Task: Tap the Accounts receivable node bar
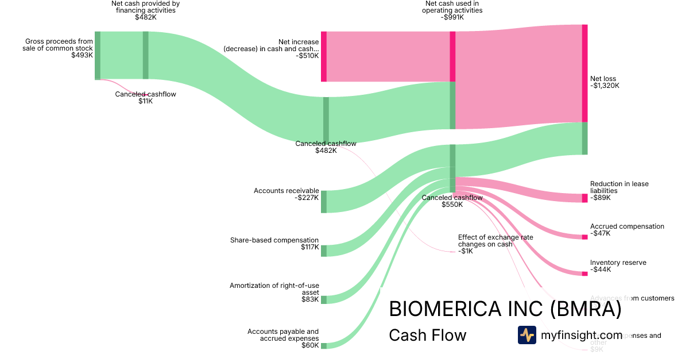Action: click(x=324, y=201)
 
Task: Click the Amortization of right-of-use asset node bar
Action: click(x=324, y=299)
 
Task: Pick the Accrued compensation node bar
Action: click(x=585, y=237)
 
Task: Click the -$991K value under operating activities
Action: click(x=452, y=17)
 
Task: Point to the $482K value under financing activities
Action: click(x=146, y=17)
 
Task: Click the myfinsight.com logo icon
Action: click(x=527, y=335)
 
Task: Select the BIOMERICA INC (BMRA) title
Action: click(x=505, y=309)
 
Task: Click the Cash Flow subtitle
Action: click(x=427, y=335)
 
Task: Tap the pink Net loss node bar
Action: click(x=585, y=74)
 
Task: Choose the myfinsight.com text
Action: click(x=581, y=335)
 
